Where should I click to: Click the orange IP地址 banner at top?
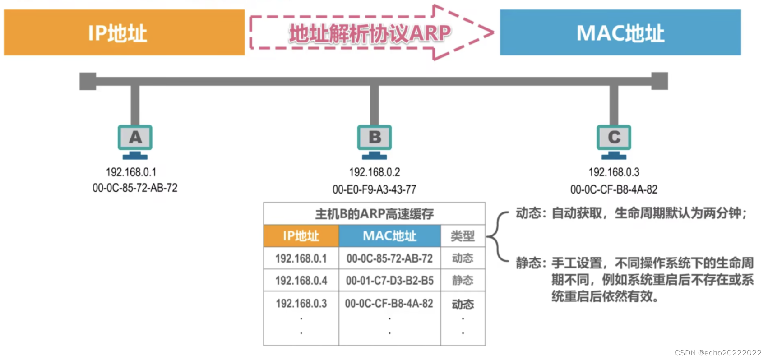pos(124,32)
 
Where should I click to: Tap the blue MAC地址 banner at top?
pos(620,32)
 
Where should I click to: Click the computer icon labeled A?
pos(135,141)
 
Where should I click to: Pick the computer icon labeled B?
pos(375,141)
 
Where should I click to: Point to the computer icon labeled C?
pos(614,141)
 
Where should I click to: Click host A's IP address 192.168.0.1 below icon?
pos(131,172)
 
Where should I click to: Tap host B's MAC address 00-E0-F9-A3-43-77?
pos(374,189)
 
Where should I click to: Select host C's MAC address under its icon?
pos(614,189)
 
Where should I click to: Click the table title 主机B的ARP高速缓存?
pos(374,214)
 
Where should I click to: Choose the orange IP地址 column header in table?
pos(301,236)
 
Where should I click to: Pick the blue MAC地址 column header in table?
pos(389,236)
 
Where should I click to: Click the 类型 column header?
pos(463,236)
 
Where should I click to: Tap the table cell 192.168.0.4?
pos(301,281)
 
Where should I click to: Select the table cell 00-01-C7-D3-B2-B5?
pos(389,281)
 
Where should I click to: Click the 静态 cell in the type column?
pos(463,281)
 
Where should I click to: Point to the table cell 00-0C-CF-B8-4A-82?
pos(389,304)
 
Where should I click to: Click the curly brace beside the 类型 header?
pos(496,236)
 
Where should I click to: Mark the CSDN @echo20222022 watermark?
pos(718,353)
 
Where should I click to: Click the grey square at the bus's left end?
pos(88,82)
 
